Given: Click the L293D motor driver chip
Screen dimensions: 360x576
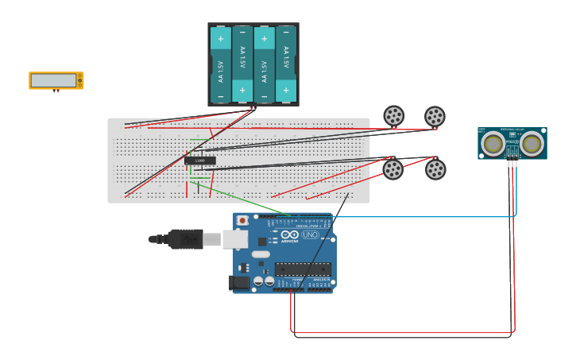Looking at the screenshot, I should tap(200, 161).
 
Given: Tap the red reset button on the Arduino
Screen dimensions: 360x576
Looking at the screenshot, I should tap(242, 220).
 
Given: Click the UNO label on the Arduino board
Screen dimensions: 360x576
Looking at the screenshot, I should tap(310, 234).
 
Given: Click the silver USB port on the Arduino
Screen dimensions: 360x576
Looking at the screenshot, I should tap(235, 239).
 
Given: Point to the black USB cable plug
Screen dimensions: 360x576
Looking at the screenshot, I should tap(184, 239).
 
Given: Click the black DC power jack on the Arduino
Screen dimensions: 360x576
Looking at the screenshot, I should tap(239, 282).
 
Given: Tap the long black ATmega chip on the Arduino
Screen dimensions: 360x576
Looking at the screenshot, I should tap(303, 269).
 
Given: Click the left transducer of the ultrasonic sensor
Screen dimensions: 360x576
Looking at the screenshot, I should tap(493, 144).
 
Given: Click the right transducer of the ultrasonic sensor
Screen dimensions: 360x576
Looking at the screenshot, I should tap(532, 144).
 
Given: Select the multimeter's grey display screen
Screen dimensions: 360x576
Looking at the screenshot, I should tap(53, 80).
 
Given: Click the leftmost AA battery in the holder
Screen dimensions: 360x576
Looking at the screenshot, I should tap(221, 64).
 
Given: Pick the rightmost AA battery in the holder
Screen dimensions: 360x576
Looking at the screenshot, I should tap(286, 64).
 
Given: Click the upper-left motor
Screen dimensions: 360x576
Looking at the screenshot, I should tap(393, 116).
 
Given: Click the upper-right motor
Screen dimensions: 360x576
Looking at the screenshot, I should tap(435, 117).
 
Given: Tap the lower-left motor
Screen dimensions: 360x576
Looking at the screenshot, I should tap(393, 169).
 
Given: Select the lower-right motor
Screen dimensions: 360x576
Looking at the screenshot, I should tap(435, 169).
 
